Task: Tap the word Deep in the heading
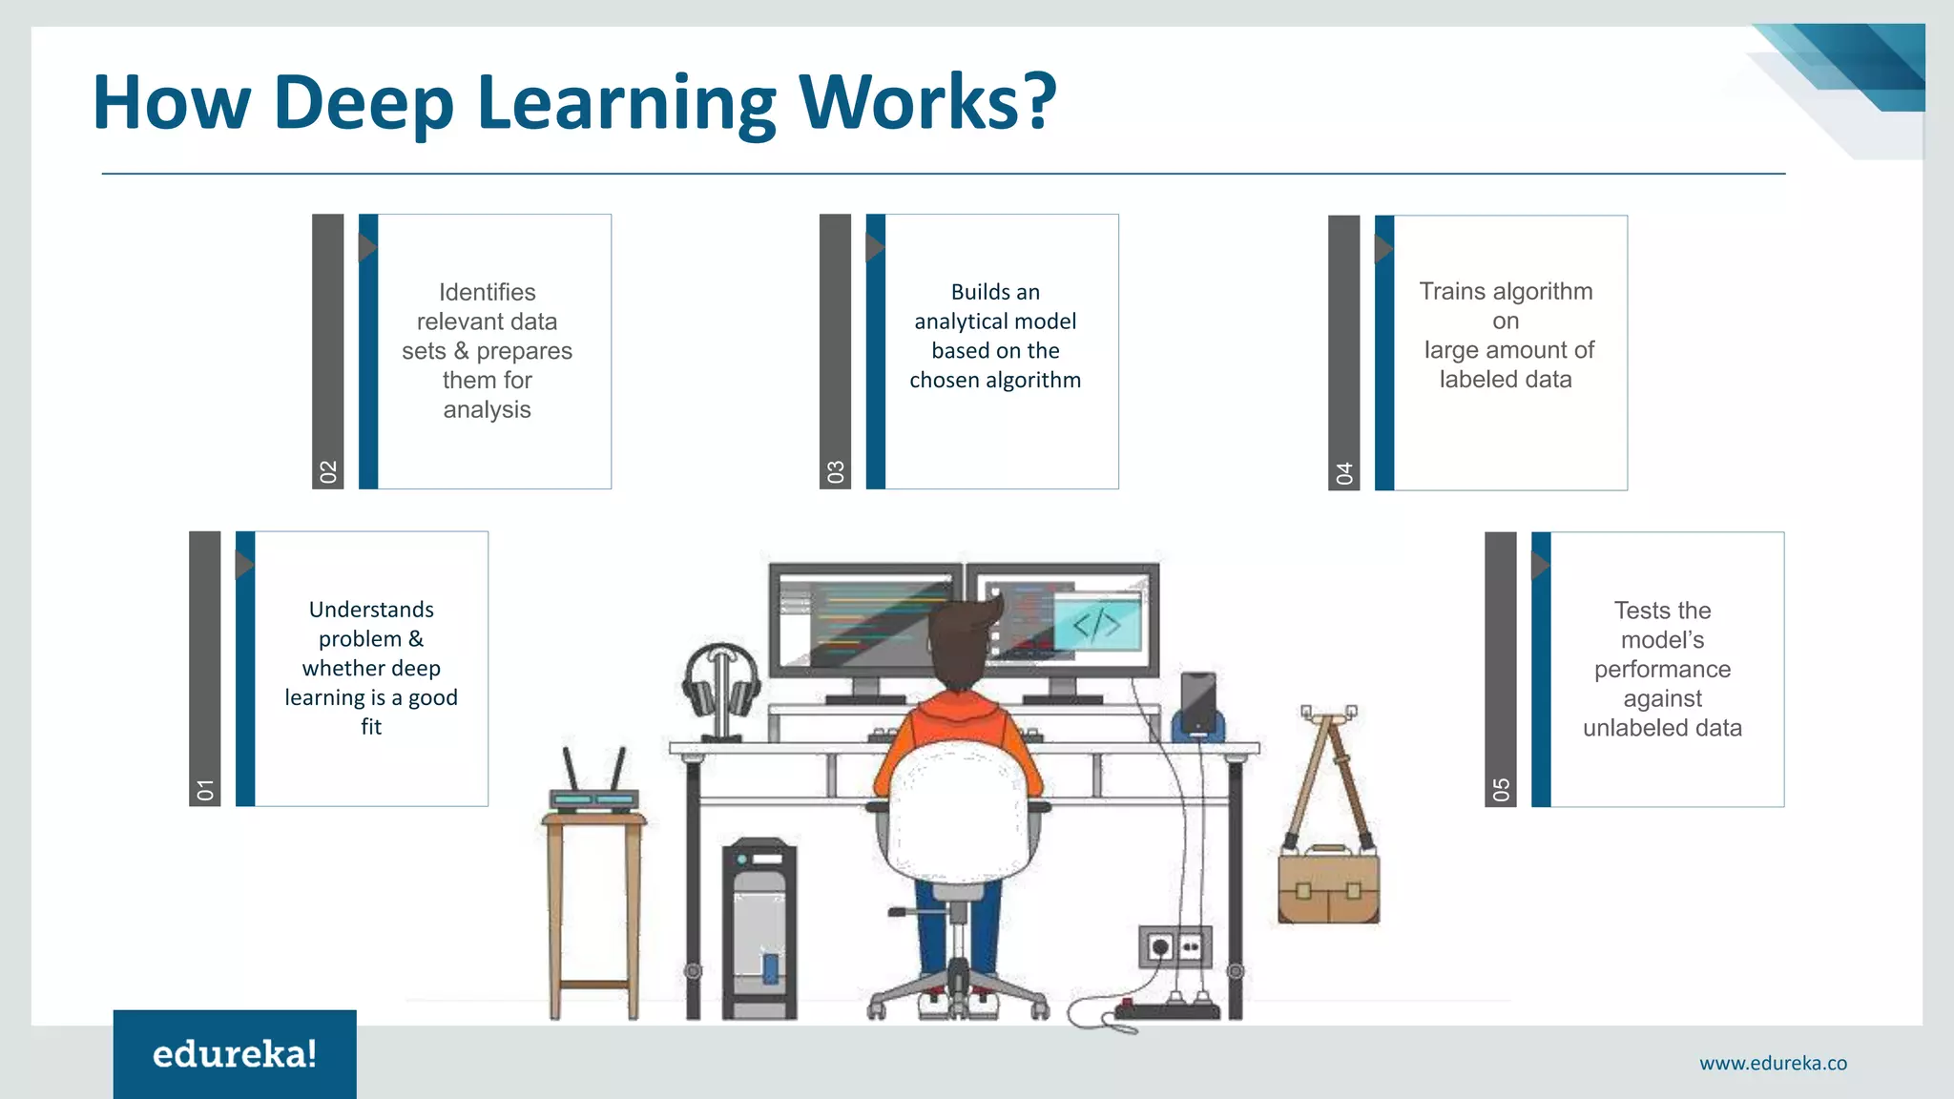coord(363,103)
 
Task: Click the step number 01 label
coord(205,789)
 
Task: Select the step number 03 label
coord(836,471)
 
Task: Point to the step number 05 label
coord(1501,789)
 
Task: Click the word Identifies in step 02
coord(487,292)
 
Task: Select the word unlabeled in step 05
coord(1625,728)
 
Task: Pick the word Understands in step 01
coord(371,610)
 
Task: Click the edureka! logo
coord(235,1054)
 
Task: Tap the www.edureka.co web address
coord(1773,1063)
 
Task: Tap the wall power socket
coord(1174,947)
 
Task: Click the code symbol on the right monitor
coord(1097,623)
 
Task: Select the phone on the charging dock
coord(1198,700)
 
